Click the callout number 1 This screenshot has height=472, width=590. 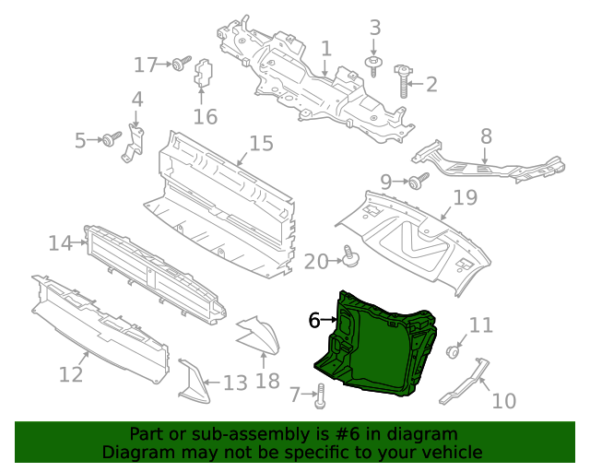click(325, 48)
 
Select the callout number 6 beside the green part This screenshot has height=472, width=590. click(314, 320)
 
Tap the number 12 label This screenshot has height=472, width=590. click(71, 374)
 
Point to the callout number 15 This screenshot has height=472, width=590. click(262, 144)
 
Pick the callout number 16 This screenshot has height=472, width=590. click(205, 116)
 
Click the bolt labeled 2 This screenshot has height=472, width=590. click(403, 80)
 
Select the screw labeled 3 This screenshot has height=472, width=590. click(374, 65)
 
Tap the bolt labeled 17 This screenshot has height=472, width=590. click(178, 65)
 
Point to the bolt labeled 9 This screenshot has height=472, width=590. click(419, 181)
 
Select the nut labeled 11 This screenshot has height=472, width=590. click(453, 351)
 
